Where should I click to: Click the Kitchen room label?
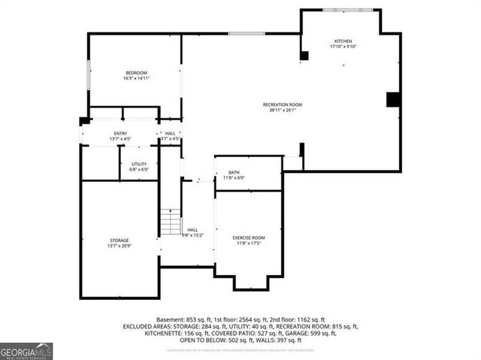(343, 41)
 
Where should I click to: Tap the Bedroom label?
(135, 72)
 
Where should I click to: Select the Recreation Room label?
(283, 104)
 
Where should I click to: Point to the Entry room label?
(120, 133)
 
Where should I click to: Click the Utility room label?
(139, 164)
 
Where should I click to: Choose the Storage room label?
(119, 240)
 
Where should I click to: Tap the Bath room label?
(234, 173)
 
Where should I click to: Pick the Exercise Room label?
(249, 237)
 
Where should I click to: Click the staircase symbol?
(171, 222)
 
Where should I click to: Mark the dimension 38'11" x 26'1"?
(283, 110)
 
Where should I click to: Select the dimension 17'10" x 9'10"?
(343, 47)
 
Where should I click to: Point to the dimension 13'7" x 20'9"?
(119, 246)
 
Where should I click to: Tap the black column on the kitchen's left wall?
(304, 56)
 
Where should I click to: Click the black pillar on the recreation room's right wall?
(392, 99)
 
